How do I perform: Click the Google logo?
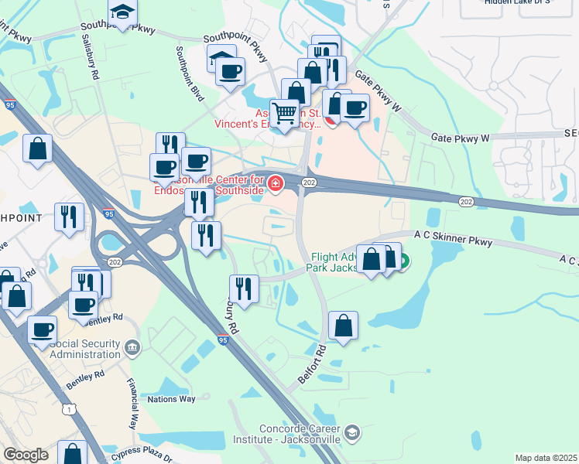click(x=26, y=455)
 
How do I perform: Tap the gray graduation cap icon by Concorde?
click(x=353, y=431)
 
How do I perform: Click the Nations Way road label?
click(x=172, y=399)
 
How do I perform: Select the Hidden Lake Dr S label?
click(x=517, y=2)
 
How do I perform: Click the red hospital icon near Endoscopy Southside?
click(x=276, y=183)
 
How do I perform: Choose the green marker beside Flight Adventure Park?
click(x=403, y=261)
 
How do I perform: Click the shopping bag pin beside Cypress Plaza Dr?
click(x=73, y=452)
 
